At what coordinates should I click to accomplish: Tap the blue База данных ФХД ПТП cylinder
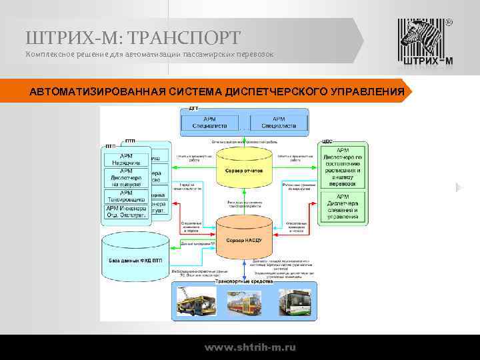tap(136, 259)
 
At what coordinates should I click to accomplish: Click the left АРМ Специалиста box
tap(209, 122)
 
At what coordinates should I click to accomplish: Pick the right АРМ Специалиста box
tap(279, 122)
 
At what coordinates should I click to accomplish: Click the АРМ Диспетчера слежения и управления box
tap(343, 207)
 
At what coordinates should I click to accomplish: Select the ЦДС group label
tap(327, 141)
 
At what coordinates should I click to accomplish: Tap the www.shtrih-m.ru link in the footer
tap(250, 347)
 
